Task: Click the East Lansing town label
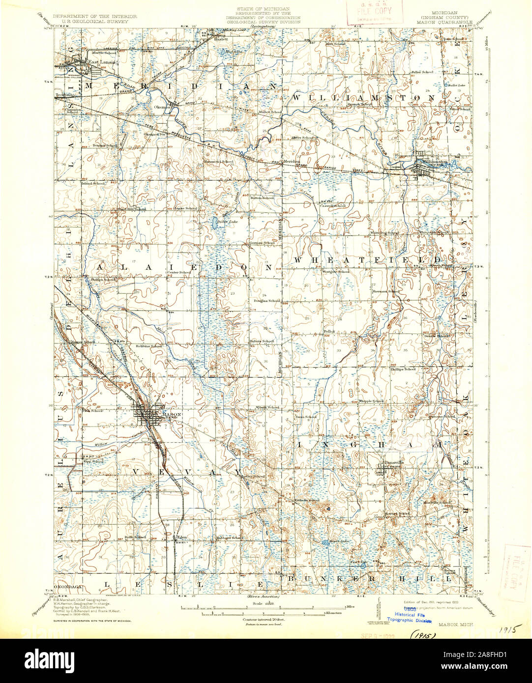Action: click(x=101, y=62)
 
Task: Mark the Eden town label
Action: click(x=183, y=537)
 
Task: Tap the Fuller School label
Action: click(x=422, y=72)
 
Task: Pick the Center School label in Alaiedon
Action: click(x=179, y=272)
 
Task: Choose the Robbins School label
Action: click(x=149, y=346)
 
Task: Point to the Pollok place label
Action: click(x=328, y=332)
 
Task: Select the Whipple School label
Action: click(x=371, y=401)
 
